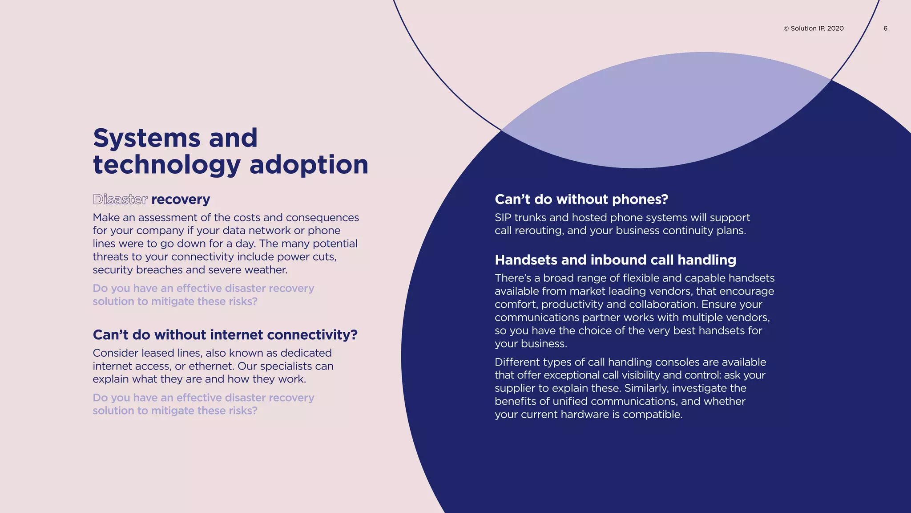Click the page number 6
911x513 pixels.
coord(885,28)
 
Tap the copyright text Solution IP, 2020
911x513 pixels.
coord(814,28)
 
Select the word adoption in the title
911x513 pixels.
coord(309,165)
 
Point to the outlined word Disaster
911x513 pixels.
coord(120,199)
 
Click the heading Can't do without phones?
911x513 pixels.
coord(581,199)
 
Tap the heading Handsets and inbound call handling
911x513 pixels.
coord(615,260)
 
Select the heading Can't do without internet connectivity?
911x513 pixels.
coord(225,334)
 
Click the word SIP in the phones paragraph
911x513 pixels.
coord(504,218)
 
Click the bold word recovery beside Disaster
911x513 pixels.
coord(181,199)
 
